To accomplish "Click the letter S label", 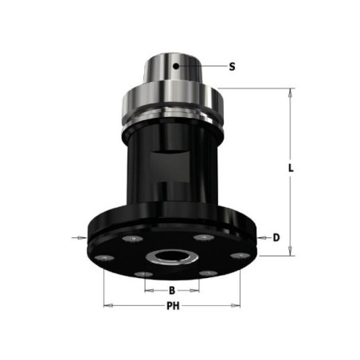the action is pyautogui.click(x=232, y=66).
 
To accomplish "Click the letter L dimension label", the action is pyautogui.click(x=291, y=168).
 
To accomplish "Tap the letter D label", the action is pyautogui.click(x=276, y=237).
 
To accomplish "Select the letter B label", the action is pyautogui.click(x=172, y=291).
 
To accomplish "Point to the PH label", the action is pyautogui.click(x=173, y=306).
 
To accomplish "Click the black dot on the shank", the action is pyautogui.click(x=176, y=66).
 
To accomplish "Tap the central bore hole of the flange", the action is pyautogui.click(x=171, y=256).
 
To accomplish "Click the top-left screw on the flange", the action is pyautogui.click(x=133, y=239).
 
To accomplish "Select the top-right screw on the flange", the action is pyautogui.click(x=204, y=237).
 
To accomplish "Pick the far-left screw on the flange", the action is pyautogui.click(x=104, y=258).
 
